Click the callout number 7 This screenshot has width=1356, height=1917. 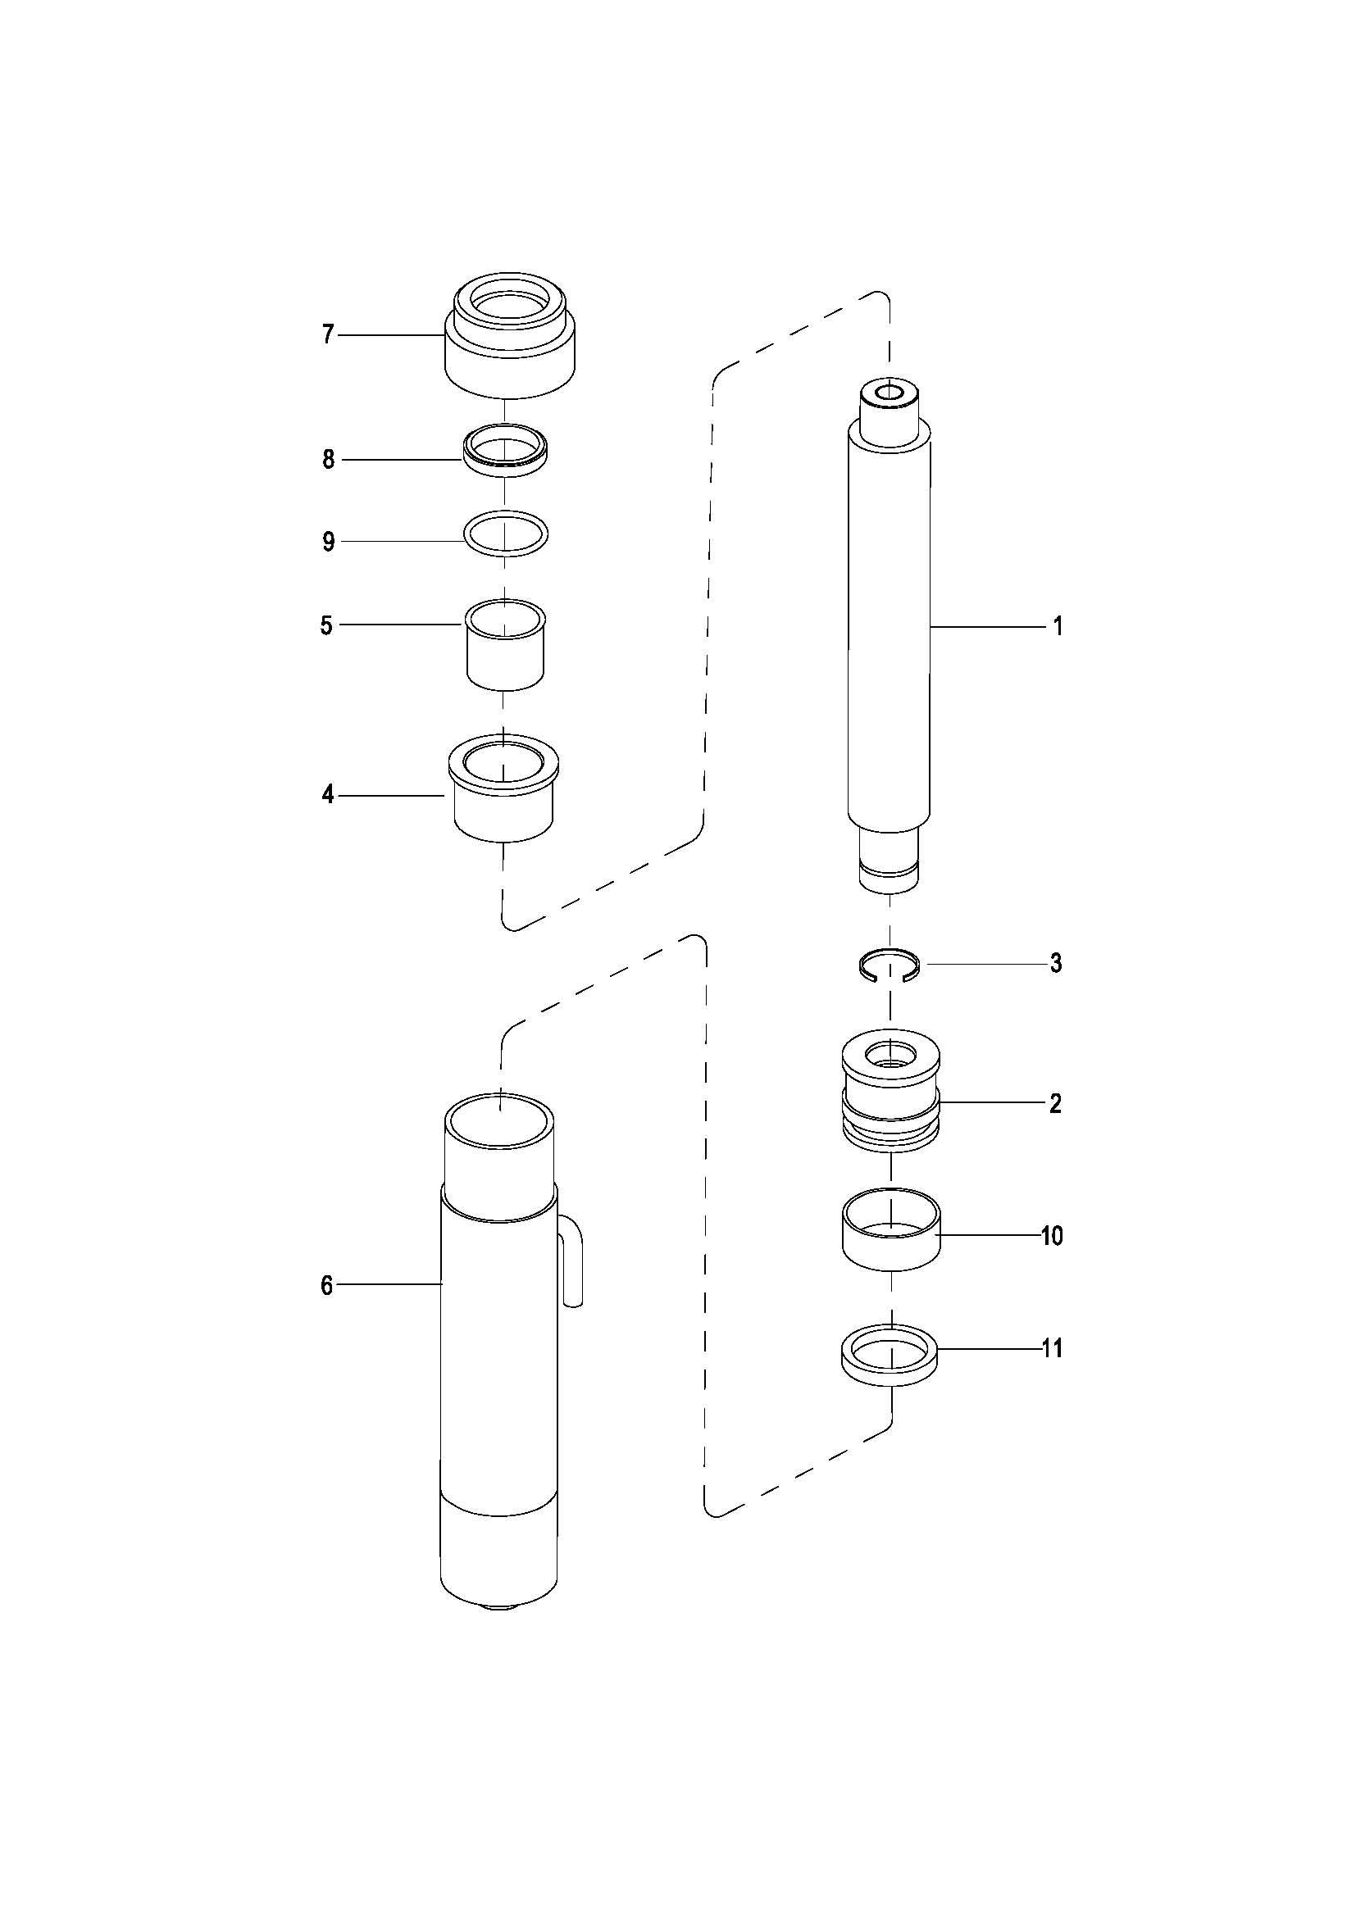click(x=328, y=335)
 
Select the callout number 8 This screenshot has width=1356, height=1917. click(x=328, y=459)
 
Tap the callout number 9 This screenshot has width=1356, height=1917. click(x=328, y=542)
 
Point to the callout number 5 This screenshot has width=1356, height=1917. click(x=326, y=625)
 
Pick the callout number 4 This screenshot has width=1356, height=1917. click(x=327, y=795)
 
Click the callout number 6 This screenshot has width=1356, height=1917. click(x=326, y=1286)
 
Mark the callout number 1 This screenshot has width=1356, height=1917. click(x=1058, y=625)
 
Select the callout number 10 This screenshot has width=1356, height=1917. click(x=1052, y=1235)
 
